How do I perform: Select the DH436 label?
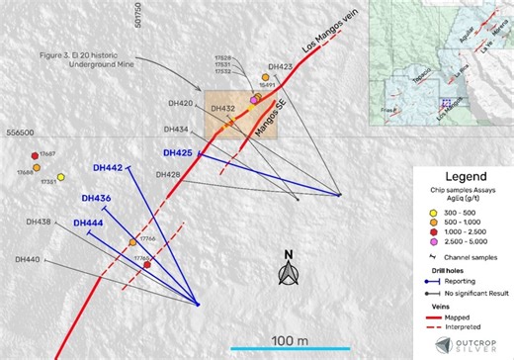(96, 198)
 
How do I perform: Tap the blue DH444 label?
(88, 224)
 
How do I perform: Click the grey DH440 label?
(29, 259)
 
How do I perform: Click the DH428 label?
(169, 174)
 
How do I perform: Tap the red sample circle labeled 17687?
(35, 155)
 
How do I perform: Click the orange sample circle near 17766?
(132, 242)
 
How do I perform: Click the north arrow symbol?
(288, 273)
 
